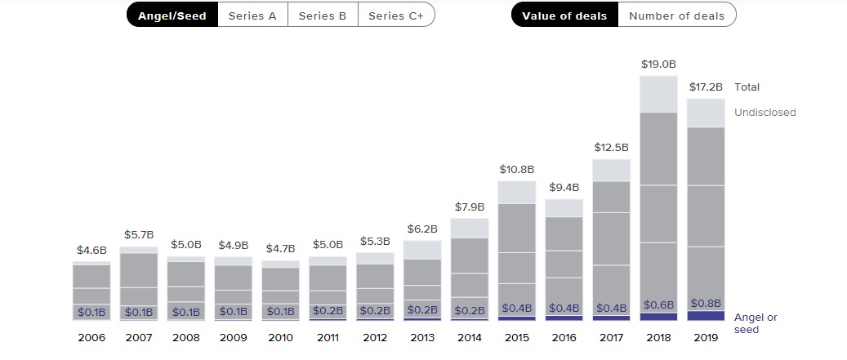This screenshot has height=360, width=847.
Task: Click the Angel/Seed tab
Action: [172, 16]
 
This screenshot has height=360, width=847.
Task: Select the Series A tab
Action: [252, 16]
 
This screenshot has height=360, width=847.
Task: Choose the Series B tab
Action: [323, 16]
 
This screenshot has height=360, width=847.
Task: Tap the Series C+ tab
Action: [396, 16]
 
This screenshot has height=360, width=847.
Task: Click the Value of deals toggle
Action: [564, 16]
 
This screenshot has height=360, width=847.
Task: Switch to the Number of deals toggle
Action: [676, 16]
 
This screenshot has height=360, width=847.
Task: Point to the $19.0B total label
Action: [658, 64]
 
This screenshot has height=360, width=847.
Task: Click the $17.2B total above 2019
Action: [706, 87]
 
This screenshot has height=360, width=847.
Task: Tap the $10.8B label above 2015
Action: [516, 170]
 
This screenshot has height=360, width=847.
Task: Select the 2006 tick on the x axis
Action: [91, 337]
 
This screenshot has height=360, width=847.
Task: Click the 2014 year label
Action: [469, 337]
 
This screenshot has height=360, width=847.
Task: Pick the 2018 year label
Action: [658, 337]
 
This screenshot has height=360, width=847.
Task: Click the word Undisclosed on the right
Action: [765, 113]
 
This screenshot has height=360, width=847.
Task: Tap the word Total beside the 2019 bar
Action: [747, 87]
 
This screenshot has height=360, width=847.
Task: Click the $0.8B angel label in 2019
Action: [706, 304]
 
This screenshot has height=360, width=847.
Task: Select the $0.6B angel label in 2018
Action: [658, 305]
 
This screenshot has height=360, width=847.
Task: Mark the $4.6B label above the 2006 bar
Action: [91, 251]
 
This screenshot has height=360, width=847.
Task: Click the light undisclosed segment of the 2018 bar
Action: [658, 94]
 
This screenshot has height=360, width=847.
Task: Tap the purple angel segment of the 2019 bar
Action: [706, 316]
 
